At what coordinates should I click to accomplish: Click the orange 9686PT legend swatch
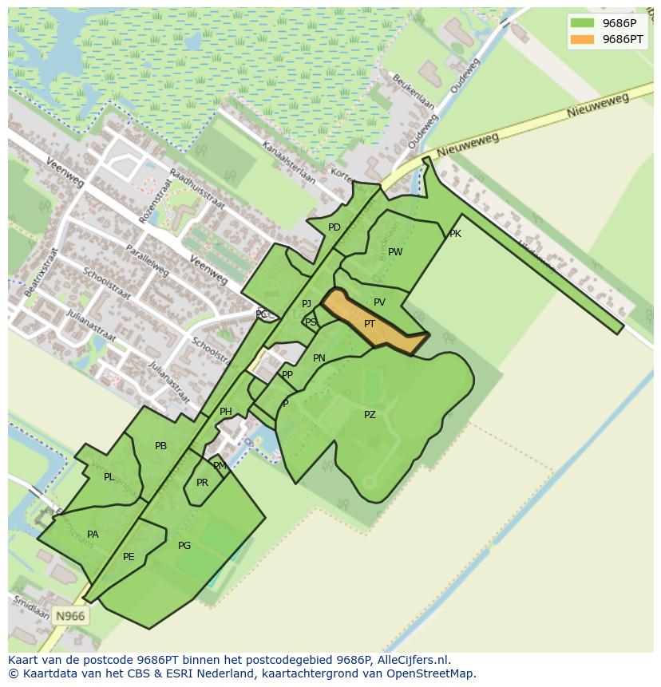pos(582,39)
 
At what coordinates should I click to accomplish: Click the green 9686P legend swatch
pos(582,23)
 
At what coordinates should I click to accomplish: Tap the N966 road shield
pos(69,616)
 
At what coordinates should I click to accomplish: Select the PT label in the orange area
pos(370,324)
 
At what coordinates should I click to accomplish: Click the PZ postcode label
pos(370,415)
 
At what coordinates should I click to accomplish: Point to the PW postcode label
pos(395,252)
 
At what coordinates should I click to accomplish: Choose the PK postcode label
pos(455,234)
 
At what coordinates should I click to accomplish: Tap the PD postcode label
pos(334,227)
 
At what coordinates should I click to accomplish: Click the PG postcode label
pos(184,546)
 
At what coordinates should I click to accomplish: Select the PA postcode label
pos(93,535)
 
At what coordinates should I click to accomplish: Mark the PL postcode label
pos(109,477)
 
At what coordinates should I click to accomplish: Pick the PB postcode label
pos(160,446)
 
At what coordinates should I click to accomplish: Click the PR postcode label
pos(202,483)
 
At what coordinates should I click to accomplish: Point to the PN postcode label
pos(319,358)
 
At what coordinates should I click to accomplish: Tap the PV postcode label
pos(379,302)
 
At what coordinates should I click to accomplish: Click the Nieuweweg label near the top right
pos(598,105)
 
